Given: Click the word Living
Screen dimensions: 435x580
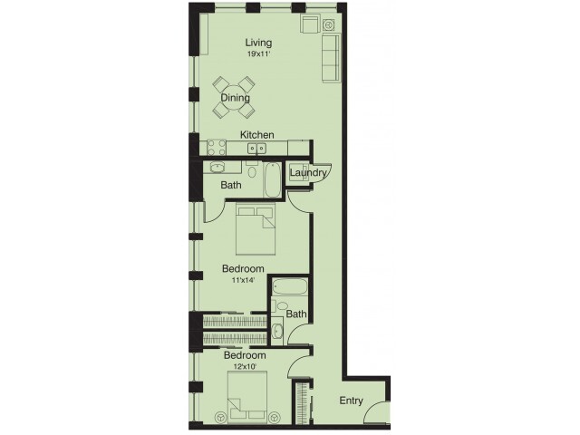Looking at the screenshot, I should tap(259, 43).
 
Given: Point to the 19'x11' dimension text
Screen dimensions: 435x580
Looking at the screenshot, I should tap(259, 53).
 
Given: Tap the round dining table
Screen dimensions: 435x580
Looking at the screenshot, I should tap(234, 96).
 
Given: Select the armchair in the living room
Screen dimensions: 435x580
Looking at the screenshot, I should tap(312, 24).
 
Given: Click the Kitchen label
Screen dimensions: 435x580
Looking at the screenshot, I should tap(257, 135).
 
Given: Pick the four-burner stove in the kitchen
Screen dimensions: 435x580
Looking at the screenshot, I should tap(217, 146).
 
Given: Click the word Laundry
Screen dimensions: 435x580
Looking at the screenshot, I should tap(307, 172).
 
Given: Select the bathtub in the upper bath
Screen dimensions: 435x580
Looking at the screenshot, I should tap(273, 179).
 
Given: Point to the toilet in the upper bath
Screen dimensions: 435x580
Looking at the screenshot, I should tap(252, 170).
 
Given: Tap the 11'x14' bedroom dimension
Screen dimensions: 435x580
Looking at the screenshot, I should tap(242, 280).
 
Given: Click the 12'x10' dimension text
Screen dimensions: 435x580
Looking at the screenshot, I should tap(245, 367).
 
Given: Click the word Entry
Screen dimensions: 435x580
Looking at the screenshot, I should tap(351, 401).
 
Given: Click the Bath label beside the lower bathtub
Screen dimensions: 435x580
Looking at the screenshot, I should tap(296, 314).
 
